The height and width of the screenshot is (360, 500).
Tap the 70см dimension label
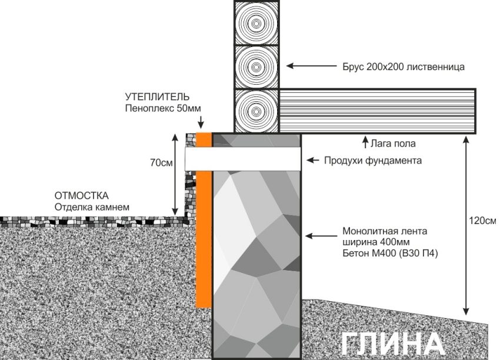161,163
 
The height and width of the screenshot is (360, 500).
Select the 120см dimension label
482,221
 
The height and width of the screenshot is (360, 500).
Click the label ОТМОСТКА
82,195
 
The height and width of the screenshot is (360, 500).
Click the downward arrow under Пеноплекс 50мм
201,123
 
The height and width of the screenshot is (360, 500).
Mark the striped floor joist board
377,110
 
